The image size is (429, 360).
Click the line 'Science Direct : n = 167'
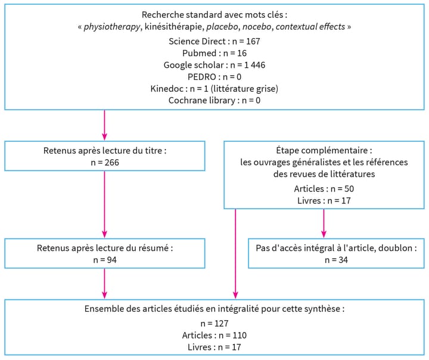pyautogui.click(x=214, y=42)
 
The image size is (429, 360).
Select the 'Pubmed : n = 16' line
pyautogui.click(x=214, y=53)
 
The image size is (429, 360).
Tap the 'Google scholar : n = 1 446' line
pyautogui.click(x=214, y=65)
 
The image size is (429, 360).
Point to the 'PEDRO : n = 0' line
pyautogui.click(x=214, y=77)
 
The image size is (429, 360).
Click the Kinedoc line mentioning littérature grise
pyautogui.click(x=214, y=89)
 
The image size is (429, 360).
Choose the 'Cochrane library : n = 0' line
pyautogui.click(x=214, y=100)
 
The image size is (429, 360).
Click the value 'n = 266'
pyautogui.click(x=104, y=162)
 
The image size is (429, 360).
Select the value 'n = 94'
pyautogui.click(x=104, y=260)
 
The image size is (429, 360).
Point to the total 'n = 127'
pyautogui.click(x=214, y=324)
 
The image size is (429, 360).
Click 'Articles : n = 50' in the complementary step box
pyautogui.click(x=324, y=188)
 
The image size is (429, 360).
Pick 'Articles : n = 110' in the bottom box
pyautogui.click(x=214, y=336)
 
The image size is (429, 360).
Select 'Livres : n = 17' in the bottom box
pyautogui.click(x=214, y=347)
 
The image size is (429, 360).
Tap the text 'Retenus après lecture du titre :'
pyautogui.click(x=104, y=151)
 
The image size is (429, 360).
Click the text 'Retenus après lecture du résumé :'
pyautogui.click(x=104, y=248)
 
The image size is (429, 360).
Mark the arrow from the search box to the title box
pyautogui.click(x=104, y=125)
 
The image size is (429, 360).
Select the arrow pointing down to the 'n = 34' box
pyautogui.click(x=324, y=224)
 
